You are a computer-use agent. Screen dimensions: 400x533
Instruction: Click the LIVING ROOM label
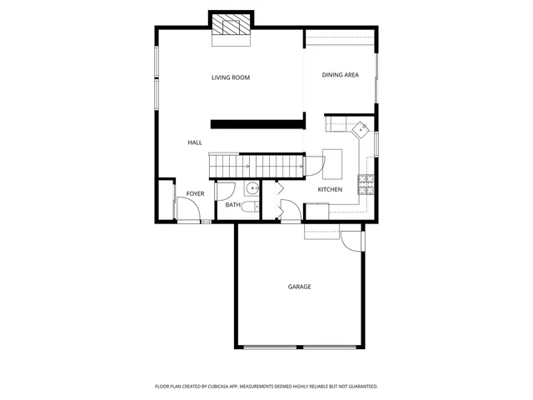pos(231,77)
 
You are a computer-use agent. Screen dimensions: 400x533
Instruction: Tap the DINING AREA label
pos(340,75)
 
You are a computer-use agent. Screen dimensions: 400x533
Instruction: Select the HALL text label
pos(195,142)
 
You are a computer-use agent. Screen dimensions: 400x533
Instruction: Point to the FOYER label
pos(195,193)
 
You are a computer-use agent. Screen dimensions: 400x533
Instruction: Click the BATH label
pos(232,204)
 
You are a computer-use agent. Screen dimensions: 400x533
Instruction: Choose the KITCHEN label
pos(330,190)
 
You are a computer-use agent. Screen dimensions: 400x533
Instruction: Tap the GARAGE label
pos(299,287)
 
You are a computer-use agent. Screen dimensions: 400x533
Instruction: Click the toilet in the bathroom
pos(252,208)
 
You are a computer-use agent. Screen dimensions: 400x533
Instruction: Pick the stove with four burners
pos(366,183)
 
